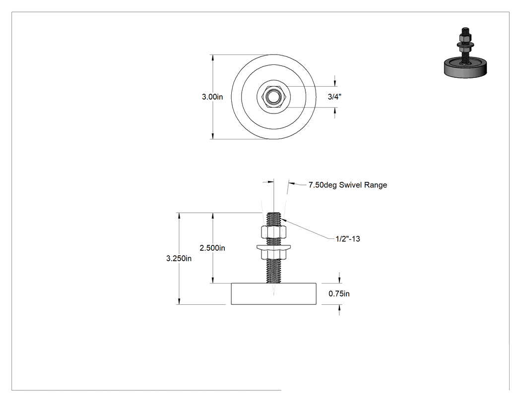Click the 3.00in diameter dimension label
[212, 97]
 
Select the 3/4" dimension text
[334, 97]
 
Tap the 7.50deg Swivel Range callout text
[347, 185]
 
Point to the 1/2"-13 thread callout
[347, 239]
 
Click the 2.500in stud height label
[212, 248]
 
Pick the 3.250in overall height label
[179, 258]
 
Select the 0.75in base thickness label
[339, 293]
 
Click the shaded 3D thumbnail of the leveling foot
[465, 53]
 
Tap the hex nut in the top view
[274, 97]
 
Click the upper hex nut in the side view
[274, 231]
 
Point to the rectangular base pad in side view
[274, 294]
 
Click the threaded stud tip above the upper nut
[274, 219]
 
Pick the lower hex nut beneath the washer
[274, 254]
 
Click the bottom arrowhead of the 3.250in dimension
[179, 301]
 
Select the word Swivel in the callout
[350, 185]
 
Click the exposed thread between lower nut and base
[274, 271]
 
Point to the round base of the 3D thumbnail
[465, 68]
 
